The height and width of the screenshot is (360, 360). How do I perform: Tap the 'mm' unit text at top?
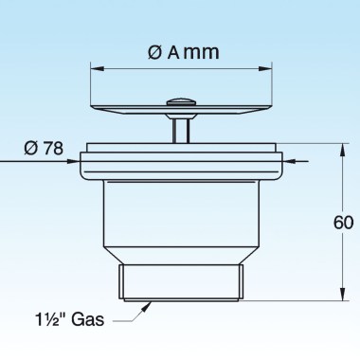point(201,54)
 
